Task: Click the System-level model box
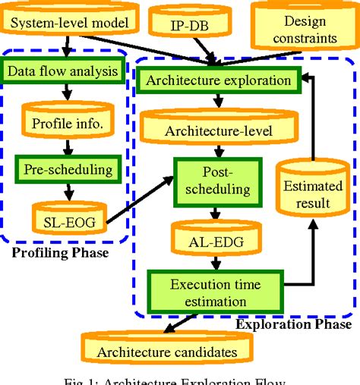68,22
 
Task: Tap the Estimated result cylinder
306,194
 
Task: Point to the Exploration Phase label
293,325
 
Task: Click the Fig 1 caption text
179,380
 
